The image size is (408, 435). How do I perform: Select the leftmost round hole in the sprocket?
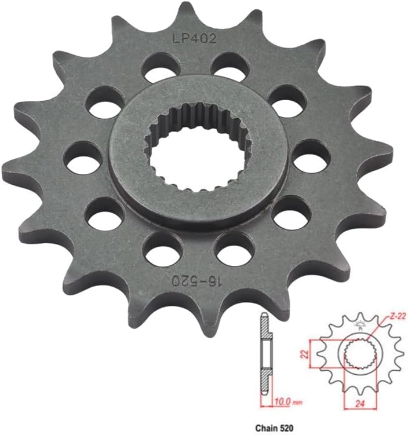[83, 159]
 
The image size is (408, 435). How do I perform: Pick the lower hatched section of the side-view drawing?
[264, 379]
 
